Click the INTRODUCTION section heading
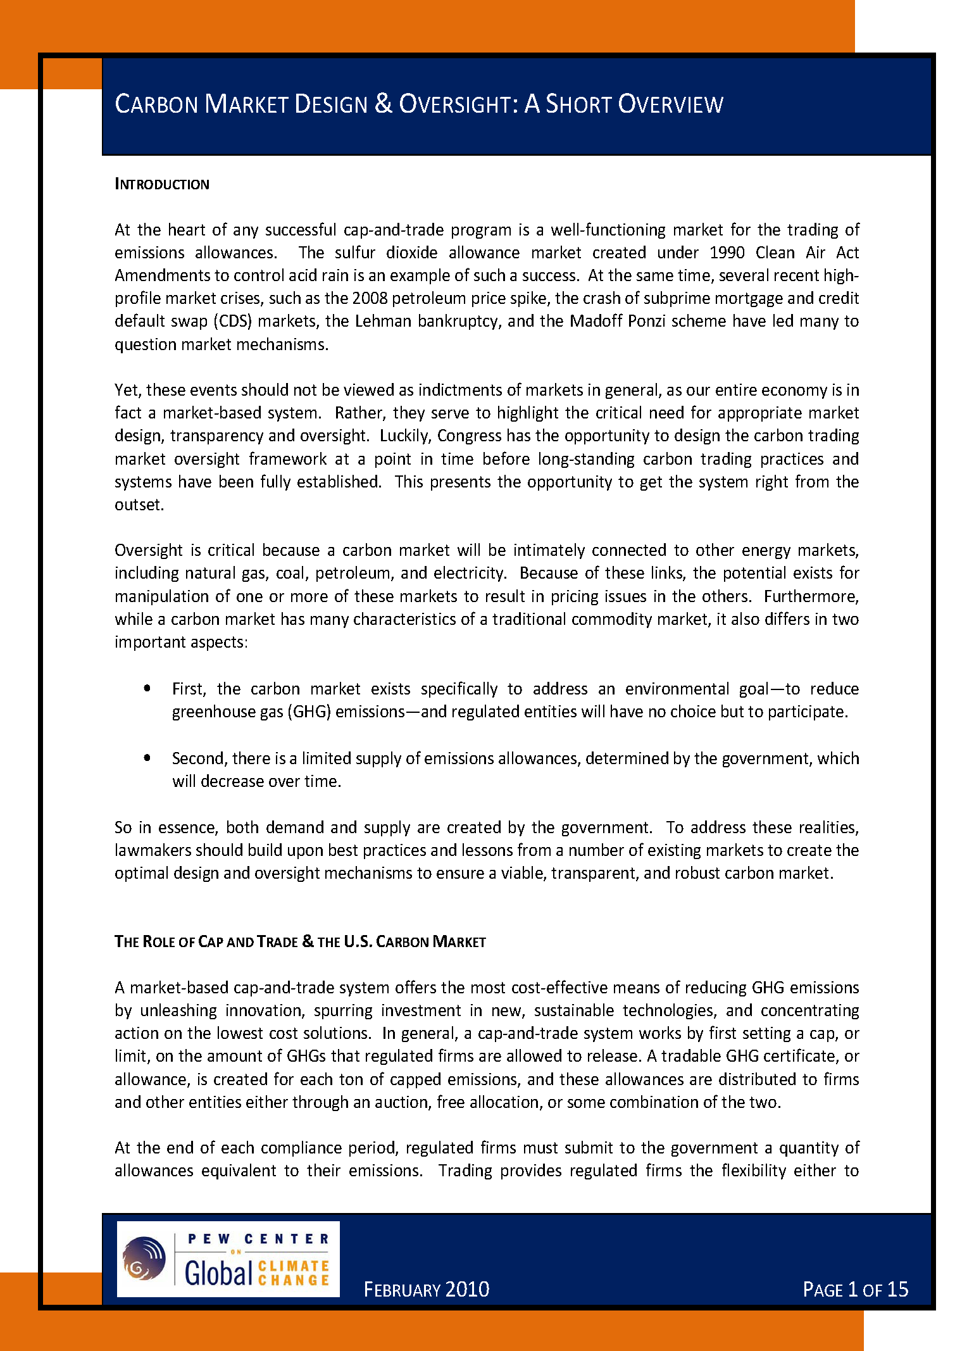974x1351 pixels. (161, 184)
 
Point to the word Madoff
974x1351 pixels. (596, 321)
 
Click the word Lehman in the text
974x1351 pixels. (383, 321)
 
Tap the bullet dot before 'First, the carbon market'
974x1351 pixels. (147, 688)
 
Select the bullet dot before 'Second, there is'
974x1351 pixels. (147, 757)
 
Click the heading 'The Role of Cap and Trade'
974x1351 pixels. (300, 941)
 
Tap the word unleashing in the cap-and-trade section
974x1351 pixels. (178, 1010)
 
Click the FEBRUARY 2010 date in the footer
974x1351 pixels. (427, 1290)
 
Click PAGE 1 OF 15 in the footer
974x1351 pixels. (855, 1290)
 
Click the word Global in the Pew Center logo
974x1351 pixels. (218, 1272)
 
